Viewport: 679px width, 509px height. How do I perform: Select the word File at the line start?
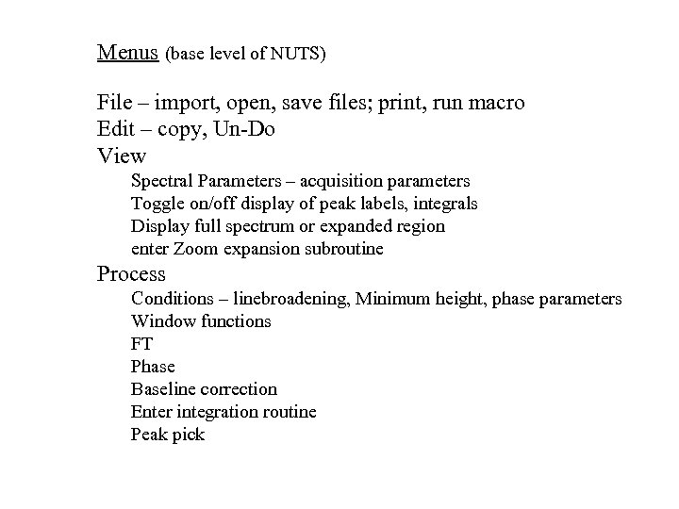113,102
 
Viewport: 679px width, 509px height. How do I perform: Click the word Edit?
114,128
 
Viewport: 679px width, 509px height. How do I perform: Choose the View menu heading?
122,155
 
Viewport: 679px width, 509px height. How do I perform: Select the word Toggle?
157,204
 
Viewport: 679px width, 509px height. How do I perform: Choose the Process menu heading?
131,274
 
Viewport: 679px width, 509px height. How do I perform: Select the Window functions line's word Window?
160,321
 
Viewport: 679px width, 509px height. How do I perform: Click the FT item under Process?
141,344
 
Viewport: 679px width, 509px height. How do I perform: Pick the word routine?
287,412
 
